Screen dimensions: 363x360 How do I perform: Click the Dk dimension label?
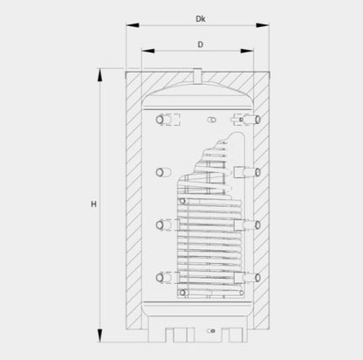tap(201, 19)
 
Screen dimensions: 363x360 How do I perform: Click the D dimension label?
tap(201, 45)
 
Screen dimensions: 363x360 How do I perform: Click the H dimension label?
tap(93, 204)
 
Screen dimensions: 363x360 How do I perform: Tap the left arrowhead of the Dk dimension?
tap(133, 25)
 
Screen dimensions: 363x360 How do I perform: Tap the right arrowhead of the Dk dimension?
tap(263, 25)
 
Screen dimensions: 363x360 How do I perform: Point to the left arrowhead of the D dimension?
tap(148, 51)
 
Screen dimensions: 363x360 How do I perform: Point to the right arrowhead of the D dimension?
tap(247, 51)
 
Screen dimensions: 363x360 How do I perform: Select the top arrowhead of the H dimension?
tap(99, 75)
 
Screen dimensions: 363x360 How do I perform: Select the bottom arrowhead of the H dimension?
tap(99, 336)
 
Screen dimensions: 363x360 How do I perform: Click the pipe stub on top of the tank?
tap(197, 75)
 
